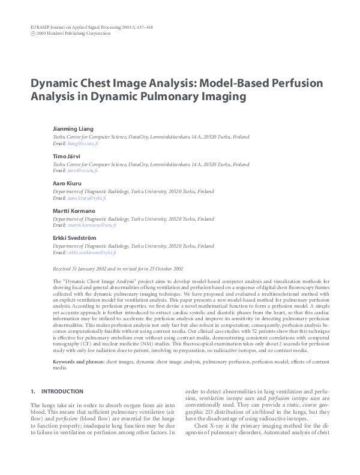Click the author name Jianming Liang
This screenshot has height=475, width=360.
[73, 129]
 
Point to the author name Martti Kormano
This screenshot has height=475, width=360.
[74, 211]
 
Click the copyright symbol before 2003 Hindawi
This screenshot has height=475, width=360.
[32, 34]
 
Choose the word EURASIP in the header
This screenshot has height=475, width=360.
[41, 28]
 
